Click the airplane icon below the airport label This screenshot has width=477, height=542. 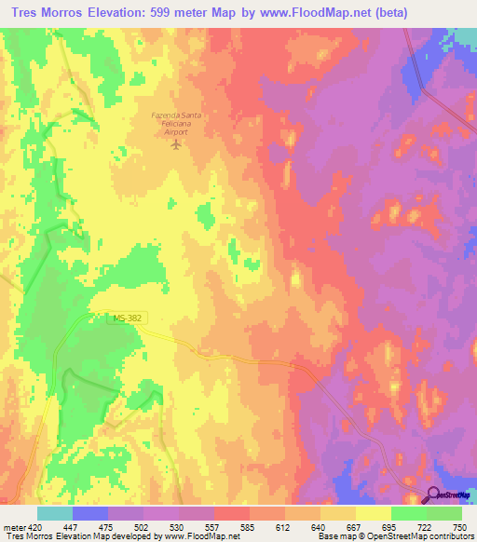coord(174,144)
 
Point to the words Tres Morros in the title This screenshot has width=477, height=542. coord(52,14)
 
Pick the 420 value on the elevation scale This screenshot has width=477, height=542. coord(38,528)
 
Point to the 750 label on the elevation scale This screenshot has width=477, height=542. coord(459,528)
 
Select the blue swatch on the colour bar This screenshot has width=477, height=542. coord(90,513)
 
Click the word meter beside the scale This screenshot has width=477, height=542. coord(14,528)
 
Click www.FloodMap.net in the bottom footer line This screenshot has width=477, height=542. coord(195,537)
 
